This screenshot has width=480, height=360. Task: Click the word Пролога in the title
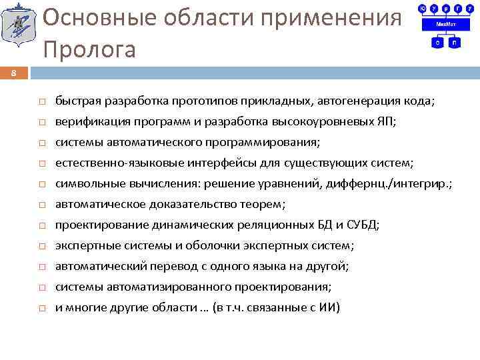coord(89,49)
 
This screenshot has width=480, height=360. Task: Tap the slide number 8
coord(14,73)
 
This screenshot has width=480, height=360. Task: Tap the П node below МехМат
coord(453,42)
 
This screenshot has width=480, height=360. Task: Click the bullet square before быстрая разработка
coord(41,102)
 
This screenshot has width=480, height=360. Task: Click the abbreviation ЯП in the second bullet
coord(385,122)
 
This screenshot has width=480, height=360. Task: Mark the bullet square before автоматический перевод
coord(41,267)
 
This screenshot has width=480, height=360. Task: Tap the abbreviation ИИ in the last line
coord(329,307)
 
